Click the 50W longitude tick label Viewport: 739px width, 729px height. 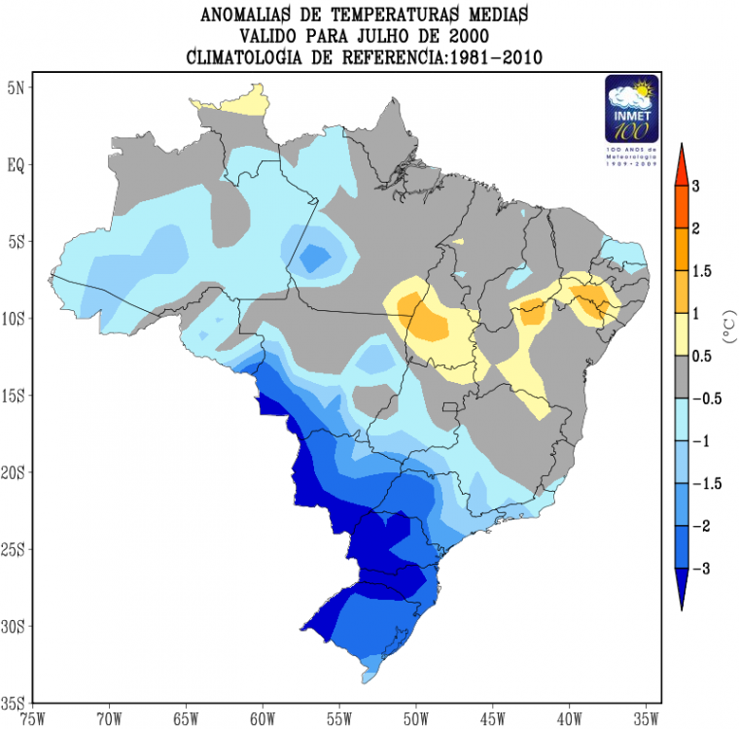(x=415, y=719)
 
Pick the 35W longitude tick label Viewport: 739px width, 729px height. (x=646, y=719)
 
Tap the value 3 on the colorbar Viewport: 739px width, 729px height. (x=695, y=185)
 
